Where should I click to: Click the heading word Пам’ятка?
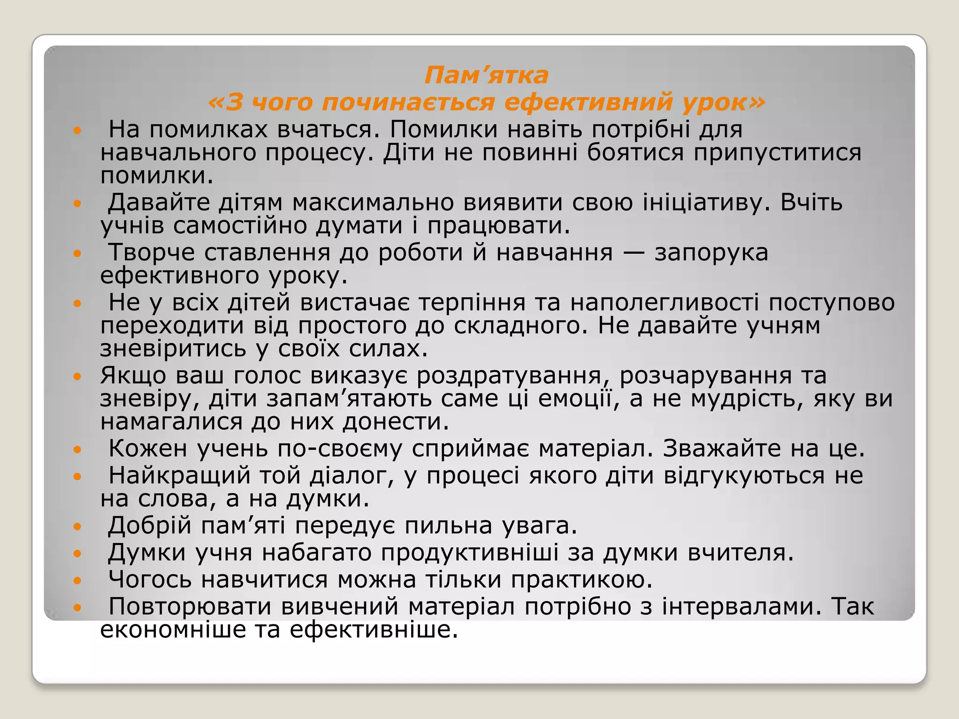tap(486, 75)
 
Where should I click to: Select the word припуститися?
tap(777, 153)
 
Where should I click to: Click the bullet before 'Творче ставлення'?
tap(78, 253)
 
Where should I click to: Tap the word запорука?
tap(711, 253)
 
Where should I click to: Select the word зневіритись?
tap(173, 349)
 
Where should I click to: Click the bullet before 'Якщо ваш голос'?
tap(78, 376)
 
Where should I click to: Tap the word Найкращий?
tap(180, 476)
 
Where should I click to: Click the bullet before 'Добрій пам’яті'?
tap(78, 527)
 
